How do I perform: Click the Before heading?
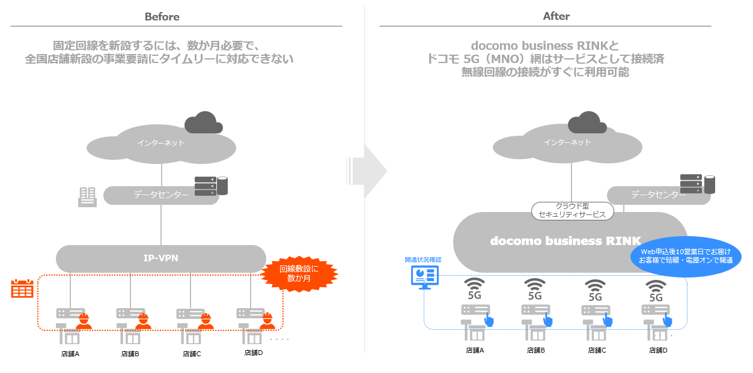coord(162,17)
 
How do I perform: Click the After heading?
coord(556,17)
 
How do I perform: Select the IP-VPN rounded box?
coord(160,258)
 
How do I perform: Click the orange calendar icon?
coord(22,289)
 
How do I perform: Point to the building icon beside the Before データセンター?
coord(88,196)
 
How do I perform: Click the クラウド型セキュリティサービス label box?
coord(572,210)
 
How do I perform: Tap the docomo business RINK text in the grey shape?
coord(566,241)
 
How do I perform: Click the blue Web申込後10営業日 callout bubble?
coord(686,256)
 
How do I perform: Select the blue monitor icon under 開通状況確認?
coord(424,277)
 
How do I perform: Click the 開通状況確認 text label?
coord(423,260)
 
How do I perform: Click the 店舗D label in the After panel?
coord(658,350)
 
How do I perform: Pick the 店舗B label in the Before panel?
coord(130,354)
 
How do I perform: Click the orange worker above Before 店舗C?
coord(206,321)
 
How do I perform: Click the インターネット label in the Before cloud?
coord(161,143)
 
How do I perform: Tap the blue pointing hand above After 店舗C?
coord(608,320)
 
